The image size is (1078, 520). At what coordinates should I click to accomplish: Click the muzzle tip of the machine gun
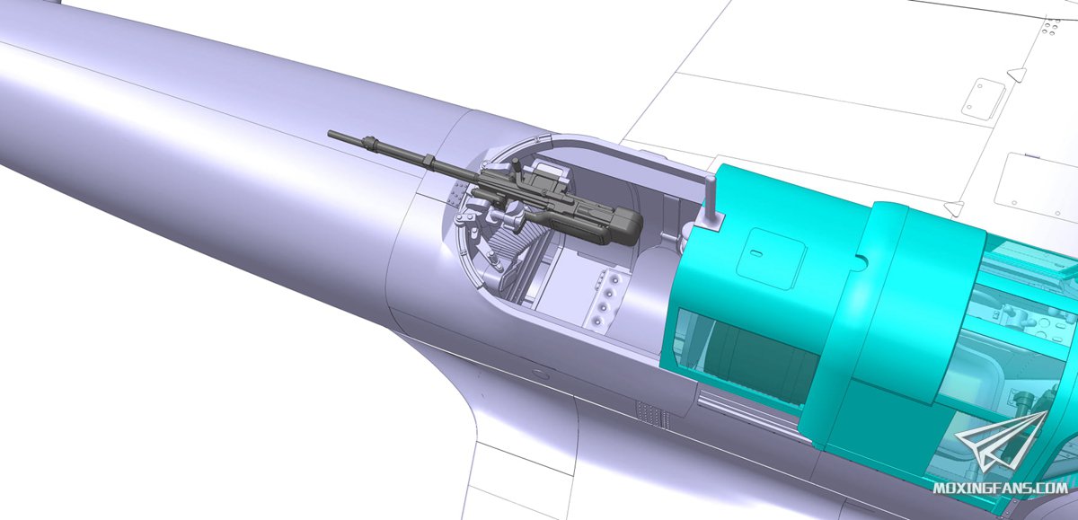point(331,133)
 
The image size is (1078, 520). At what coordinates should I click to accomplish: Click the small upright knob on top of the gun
point(516,165)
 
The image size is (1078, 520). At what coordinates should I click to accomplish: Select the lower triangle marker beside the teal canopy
point(954,207)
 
